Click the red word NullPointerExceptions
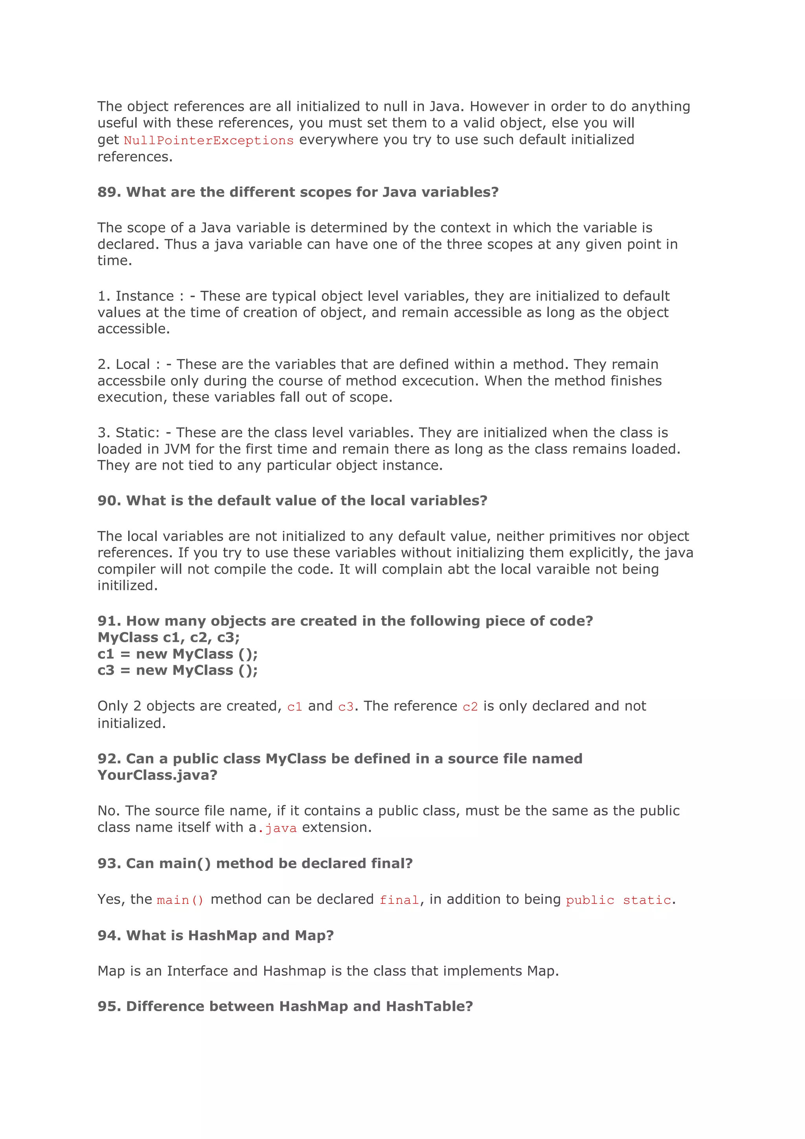(209, 140)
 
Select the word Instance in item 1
(145, 296)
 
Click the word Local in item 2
(133, 365)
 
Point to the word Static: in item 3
(138, 433)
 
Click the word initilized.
(127, 586)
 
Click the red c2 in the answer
(470, 706)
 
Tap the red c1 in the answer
(294, 706)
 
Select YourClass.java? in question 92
(157, 775)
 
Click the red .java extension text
(278, 828)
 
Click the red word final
(399, 900)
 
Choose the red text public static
(618, 900)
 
